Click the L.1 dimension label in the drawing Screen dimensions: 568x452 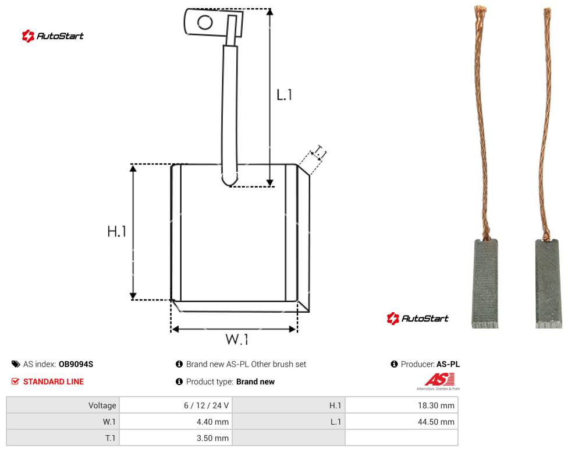(285, 95)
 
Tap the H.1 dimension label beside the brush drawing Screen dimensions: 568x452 (116, 231)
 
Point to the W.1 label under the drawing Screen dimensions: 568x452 (237, 339)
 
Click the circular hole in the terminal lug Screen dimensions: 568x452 (205, 23)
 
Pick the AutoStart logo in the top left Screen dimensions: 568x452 (52, 36)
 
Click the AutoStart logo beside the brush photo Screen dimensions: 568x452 (417, 318)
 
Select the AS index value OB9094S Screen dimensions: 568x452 (76, 364)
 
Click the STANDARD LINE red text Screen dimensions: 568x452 (54, 382)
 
